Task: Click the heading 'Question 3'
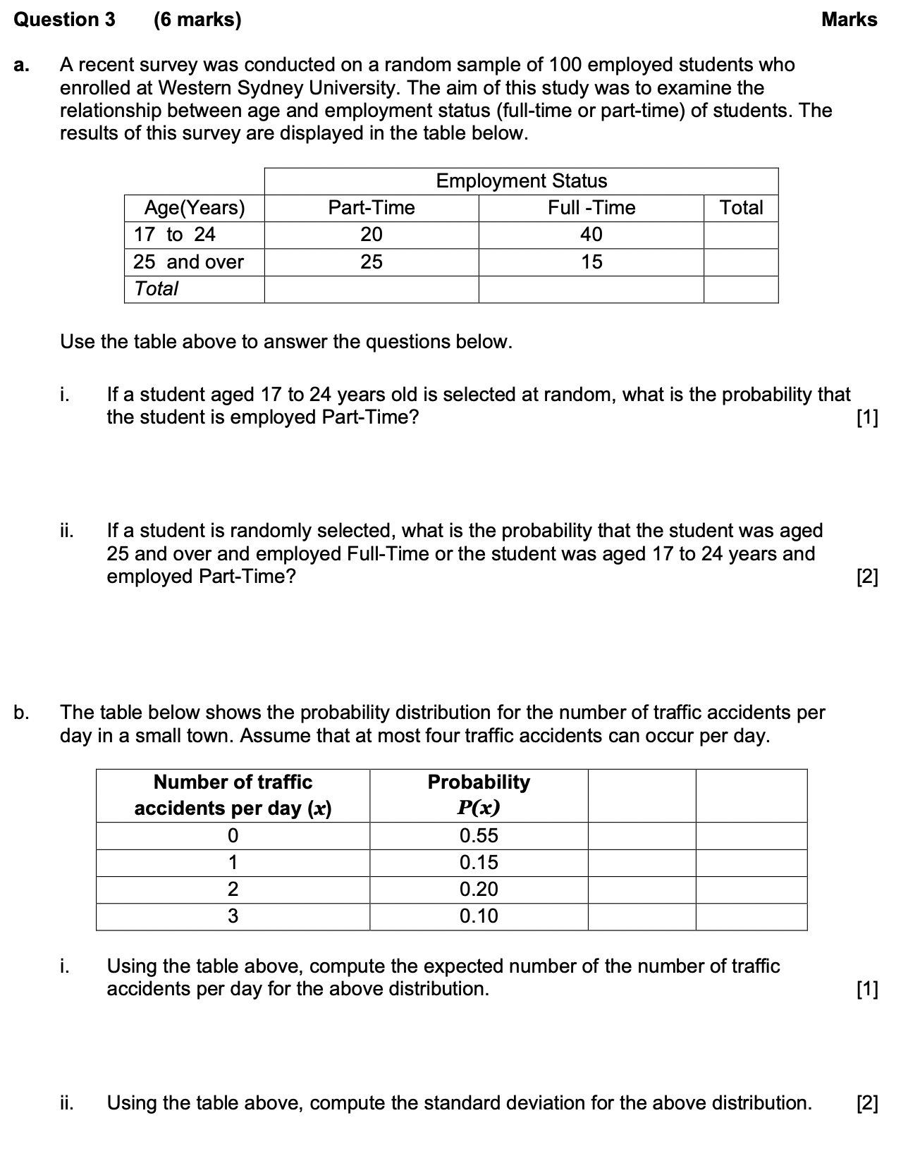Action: point(64,20)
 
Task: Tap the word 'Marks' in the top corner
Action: point(849,20)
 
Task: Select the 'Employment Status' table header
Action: point(521,181)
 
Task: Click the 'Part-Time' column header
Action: point(372,208)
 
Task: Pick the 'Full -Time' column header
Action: point(591,208)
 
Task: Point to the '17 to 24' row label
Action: point(174,235)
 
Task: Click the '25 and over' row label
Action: point(188,262)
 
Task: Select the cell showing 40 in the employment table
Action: point(591,235)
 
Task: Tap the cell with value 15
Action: point(591,262)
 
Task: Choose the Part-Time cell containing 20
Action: point(372,235)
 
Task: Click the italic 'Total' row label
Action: point(156,289)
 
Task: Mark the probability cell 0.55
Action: point(479,836)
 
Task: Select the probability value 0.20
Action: point(479,890)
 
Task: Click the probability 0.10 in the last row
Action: point(479,916)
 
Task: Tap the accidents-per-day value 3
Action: point(233,916)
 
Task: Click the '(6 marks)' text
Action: point(197,20)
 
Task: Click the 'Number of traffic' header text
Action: point(233,782)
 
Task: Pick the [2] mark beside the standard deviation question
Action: point(867,1103)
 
